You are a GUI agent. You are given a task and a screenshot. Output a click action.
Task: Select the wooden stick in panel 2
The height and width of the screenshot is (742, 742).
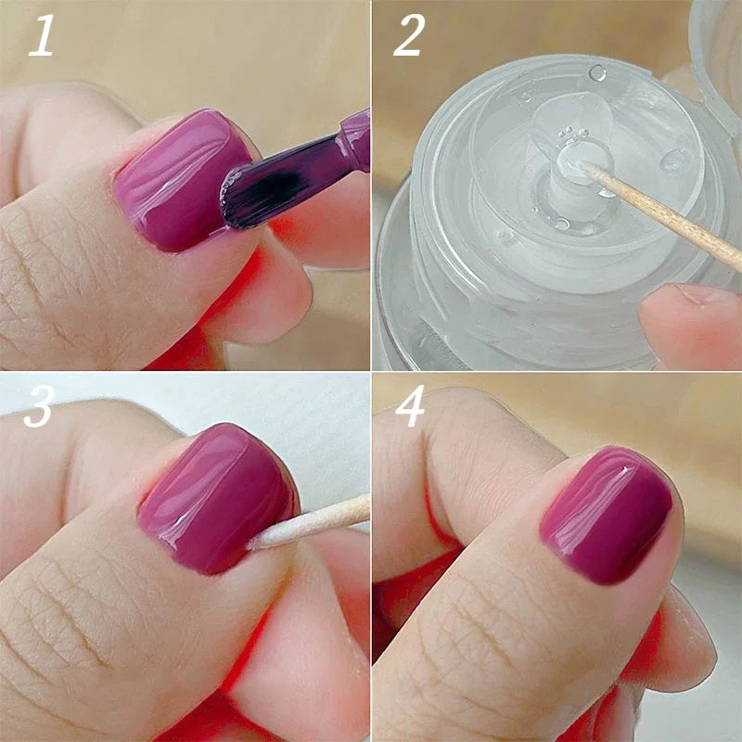[x=668, y=213]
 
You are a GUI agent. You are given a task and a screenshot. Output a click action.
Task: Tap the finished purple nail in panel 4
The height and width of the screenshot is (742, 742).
[x=608, y=515]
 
